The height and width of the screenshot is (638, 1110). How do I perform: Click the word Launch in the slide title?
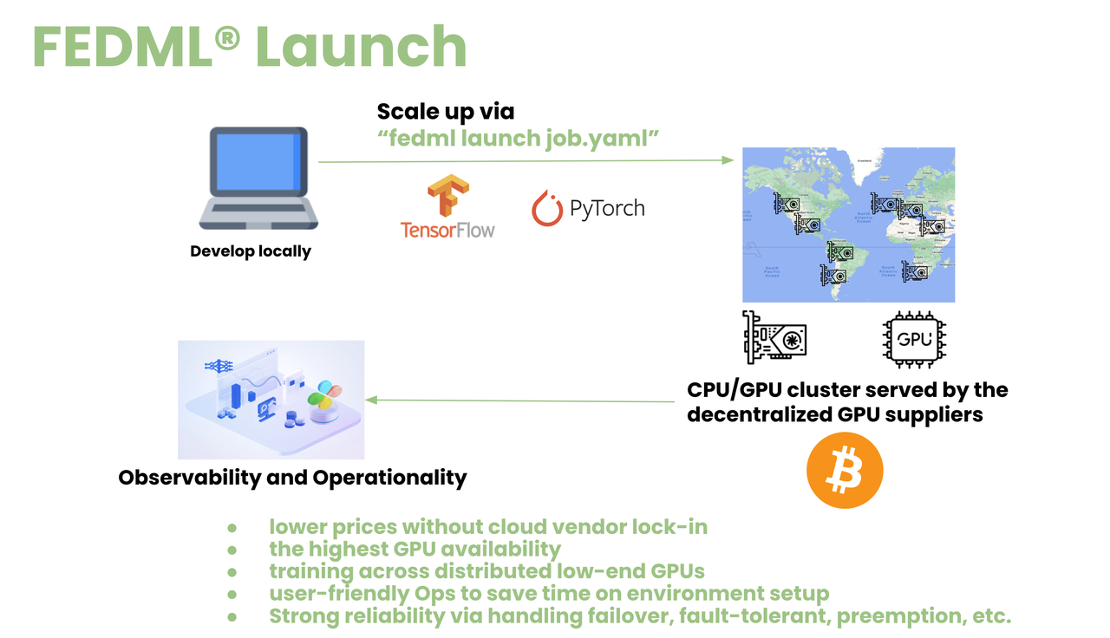360,48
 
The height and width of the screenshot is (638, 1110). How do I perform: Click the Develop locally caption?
251,252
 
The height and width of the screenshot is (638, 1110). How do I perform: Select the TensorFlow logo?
447,207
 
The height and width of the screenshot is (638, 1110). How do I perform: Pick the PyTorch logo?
588,209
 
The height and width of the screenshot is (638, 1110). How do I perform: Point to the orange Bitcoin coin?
845,471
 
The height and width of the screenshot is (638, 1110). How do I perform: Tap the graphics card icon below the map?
774,337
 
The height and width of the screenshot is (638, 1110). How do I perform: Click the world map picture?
848,225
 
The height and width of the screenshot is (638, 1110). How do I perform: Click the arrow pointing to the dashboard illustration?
520,400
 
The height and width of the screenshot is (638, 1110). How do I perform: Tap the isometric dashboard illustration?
271,399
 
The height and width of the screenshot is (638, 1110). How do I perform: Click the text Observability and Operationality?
292,478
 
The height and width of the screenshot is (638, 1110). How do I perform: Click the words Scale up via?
446,112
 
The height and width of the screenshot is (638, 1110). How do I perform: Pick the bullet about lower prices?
487,527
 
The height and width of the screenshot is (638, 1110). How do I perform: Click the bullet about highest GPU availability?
415,550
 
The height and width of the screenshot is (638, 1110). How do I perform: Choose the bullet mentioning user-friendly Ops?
548,595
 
